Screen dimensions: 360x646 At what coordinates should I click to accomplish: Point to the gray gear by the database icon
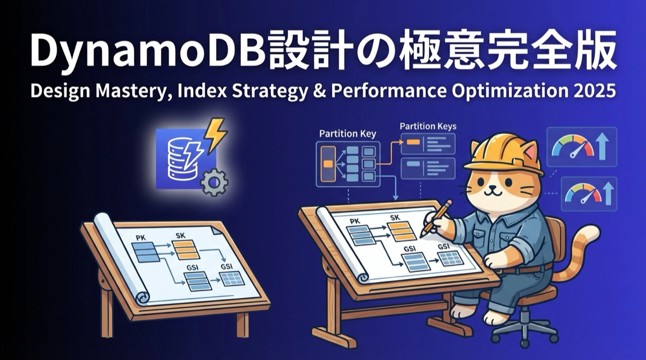click(x=214, y=182)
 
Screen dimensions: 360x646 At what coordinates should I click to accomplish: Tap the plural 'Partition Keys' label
click(x=428, y=126)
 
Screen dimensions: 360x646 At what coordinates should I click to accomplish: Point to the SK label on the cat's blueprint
click(x=395, y=218)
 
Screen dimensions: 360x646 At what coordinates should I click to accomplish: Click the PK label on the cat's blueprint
click(x=355, y=221)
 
